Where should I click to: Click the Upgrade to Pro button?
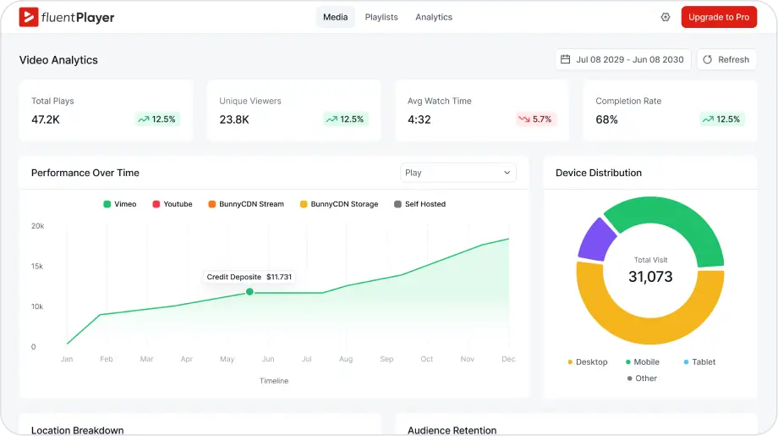point(718,17)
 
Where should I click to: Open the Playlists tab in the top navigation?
point(381,17)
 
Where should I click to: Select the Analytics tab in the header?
point(434,17)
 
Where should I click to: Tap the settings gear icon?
point(666,17)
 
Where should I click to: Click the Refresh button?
point(726,59)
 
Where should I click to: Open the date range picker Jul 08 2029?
point(622,59)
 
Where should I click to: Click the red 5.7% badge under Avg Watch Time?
point(535,119)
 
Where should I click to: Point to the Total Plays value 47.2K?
point(46,119)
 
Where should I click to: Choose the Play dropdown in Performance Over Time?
point(457,173)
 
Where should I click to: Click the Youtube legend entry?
point(173,204)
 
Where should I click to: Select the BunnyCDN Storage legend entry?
point(339,204)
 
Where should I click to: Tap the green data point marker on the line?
point(249,292)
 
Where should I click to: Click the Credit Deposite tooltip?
point(249,277)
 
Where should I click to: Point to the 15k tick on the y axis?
point(37,267)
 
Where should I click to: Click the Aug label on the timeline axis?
point(346,359)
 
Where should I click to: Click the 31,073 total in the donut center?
point(650,277)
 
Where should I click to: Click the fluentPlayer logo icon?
point(29,17)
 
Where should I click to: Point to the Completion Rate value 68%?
point(606,119)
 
